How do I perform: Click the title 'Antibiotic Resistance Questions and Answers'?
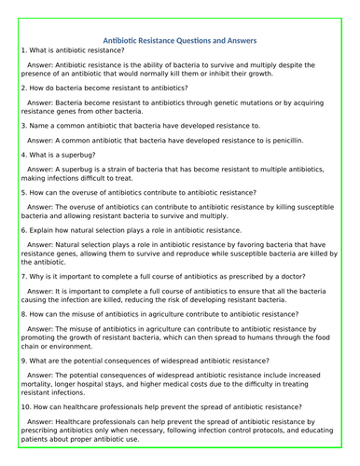(183, 40)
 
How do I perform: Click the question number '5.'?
(22, 191)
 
